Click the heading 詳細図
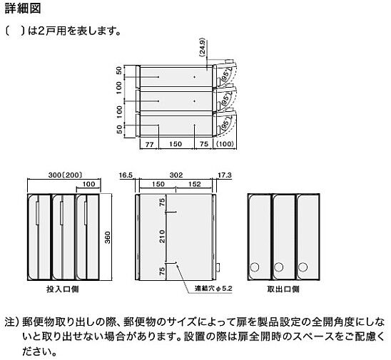click(x=23, y=9)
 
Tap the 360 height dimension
click(x=107, y=237)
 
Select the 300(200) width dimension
click(x=65, y=175)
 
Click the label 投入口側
click(x=63, y=289)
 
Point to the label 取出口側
click(x=283, y=289)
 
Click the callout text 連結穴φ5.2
click(x=214, y=289)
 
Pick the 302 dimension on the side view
click(x=176, y=175)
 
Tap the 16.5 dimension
click(x=126, y=175)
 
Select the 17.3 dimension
click(x=225, y=175)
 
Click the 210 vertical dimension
click(x=162, y=236)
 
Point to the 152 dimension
click(x=195, y=184)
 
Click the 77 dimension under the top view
click(x=149, y=144)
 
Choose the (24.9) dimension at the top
click(x=202, y=47)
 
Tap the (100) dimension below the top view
click(x=225, y=144)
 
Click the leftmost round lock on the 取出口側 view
click(x=254, y=267)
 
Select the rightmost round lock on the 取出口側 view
click(x=303, y=267)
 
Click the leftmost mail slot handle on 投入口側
click(x=37, y=213)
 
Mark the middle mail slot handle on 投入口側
click(x=61, y=213)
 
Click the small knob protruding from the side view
click(x=218, y=267)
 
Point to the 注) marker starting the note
click(x=12, y=322)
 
